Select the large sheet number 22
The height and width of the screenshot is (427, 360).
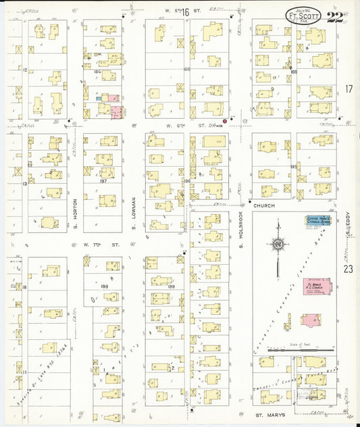pyautogui.click(x=334, y=17)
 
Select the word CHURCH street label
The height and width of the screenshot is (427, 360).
pyautogui.click(x=271, y=202)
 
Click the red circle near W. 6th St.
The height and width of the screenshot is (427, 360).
pyautogui.click(x=225, y=122)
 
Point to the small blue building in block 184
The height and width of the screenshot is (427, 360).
pyautogui.click(x=99, y=98)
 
